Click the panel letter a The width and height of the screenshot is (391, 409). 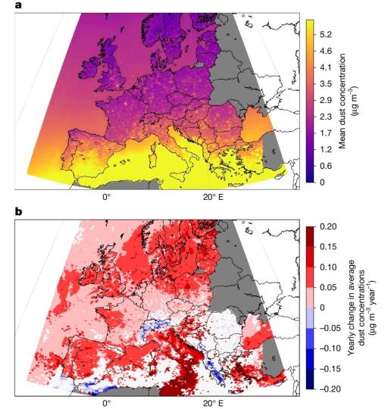[18, 5]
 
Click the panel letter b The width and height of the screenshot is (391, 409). [18, 211]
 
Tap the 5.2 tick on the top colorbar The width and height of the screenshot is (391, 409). [326, 34]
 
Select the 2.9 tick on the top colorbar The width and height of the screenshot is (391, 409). [326, 100]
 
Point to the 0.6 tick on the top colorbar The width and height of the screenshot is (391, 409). [326, 166]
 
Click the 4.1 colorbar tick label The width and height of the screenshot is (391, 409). [326, 67]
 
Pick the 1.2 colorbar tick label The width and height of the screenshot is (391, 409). [326, 149]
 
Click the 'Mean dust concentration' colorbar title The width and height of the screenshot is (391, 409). [343, 101]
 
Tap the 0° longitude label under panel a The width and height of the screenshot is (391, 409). [107, 198]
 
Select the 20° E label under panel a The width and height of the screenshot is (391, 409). [213, 198]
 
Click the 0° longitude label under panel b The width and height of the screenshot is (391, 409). [107, 404]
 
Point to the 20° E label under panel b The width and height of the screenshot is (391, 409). [213, 404]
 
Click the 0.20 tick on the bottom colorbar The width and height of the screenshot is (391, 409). [328, 226]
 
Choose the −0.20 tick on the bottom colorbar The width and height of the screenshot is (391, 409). [330, 389]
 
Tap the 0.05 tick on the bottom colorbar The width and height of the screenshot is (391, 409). [328, 288]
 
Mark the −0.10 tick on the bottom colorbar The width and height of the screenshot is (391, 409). [330, 348]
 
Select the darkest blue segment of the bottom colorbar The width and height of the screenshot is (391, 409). [310, 379]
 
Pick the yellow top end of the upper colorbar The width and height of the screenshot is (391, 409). [310, 23]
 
